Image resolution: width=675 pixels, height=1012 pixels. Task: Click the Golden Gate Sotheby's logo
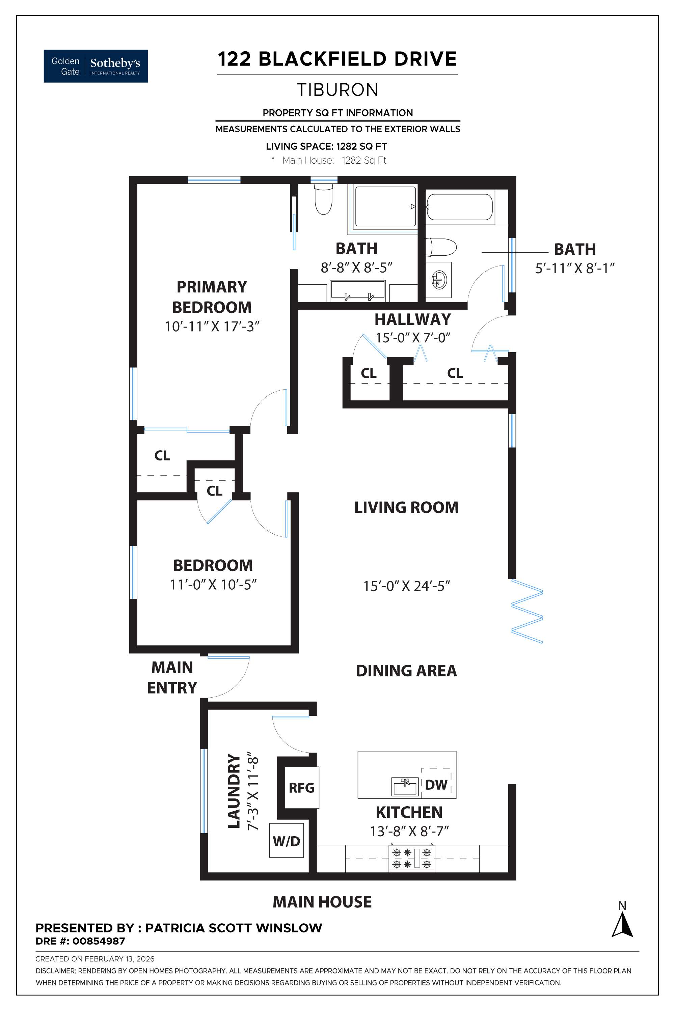click(x=96, y=66)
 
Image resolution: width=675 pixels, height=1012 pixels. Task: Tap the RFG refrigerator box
click(x=301, y=788)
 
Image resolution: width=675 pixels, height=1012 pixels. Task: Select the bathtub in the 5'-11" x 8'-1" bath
click(x=459, y=207)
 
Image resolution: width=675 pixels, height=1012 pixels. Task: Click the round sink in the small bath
click(x=439, y=280)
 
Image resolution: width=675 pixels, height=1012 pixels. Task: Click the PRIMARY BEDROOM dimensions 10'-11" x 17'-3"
click(x=212, y=327)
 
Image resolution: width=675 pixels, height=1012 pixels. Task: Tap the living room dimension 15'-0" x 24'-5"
click(x=406, y=586)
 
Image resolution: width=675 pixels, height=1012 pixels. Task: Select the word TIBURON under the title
click(x=337, y=90)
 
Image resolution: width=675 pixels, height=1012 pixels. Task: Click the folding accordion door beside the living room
click(x=527, y=611)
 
